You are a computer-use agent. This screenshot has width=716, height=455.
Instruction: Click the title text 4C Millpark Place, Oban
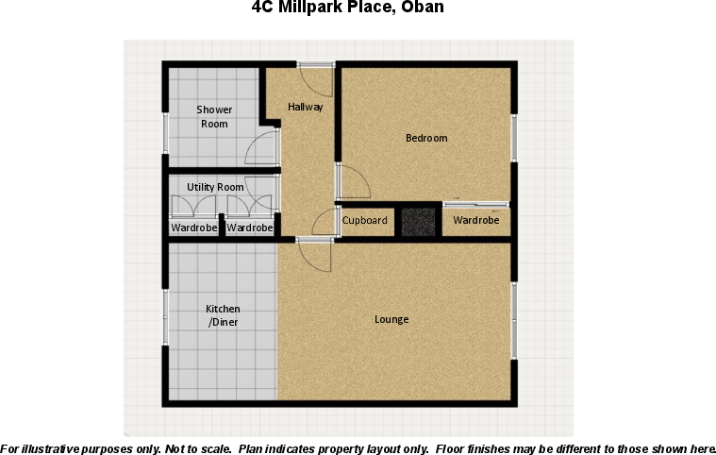(347, 8)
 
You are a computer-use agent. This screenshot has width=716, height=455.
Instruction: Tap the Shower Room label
(214, 117)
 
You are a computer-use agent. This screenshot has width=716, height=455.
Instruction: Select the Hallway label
(306, 107)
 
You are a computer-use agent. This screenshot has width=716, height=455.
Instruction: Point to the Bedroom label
(426, 138)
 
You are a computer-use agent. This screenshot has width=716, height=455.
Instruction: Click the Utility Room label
(215, 187)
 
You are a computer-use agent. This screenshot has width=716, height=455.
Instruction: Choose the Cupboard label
(364, 221)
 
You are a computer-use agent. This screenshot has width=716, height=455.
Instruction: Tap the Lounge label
(391, 319)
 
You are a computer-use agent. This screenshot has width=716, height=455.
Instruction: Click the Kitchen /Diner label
(224, 315)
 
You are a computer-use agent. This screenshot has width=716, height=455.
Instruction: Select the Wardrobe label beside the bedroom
(476, 221)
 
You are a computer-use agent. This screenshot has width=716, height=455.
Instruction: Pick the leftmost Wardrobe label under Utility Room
(193, 227)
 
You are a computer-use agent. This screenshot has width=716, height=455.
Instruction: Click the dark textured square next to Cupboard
(417, 221)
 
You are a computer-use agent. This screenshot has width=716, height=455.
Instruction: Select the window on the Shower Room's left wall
(165, 132)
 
